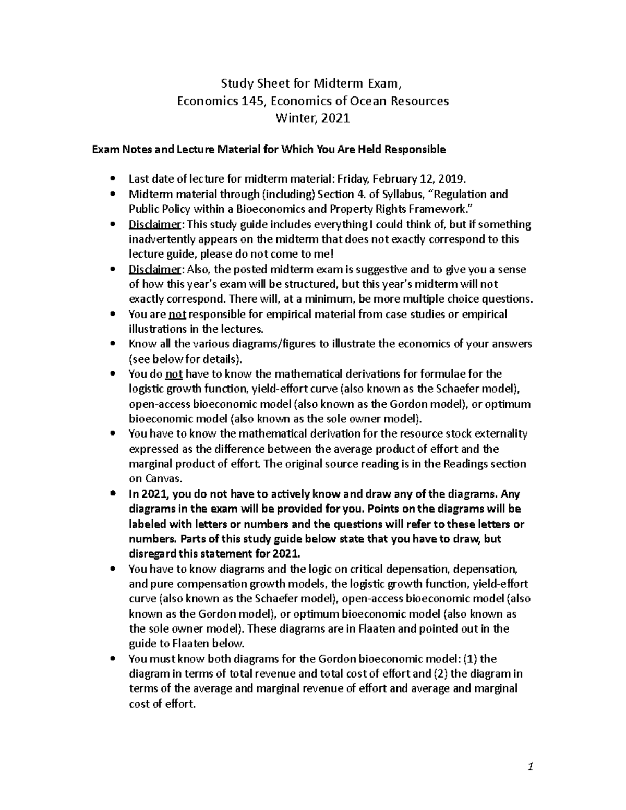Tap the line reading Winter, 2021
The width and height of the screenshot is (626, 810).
[312, 118]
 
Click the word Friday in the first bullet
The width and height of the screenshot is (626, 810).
[353, 179]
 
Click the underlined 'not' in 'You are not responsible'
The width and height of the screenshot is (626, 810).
[177, 315]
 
